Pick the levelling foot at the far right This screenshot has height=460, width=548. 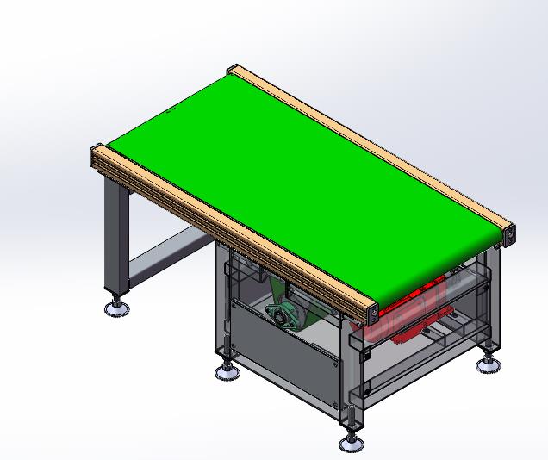click(x=488, y=362)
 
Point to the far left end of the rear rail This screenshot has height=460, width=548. click(x=234, y=72)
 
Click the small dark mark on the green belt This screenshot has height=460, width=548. click(x=171, y=110)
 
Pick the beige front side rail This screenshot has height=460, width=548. click(x=233, y=232)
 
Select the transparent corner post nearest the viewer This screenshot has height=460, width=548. click(x=353, y=379)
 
